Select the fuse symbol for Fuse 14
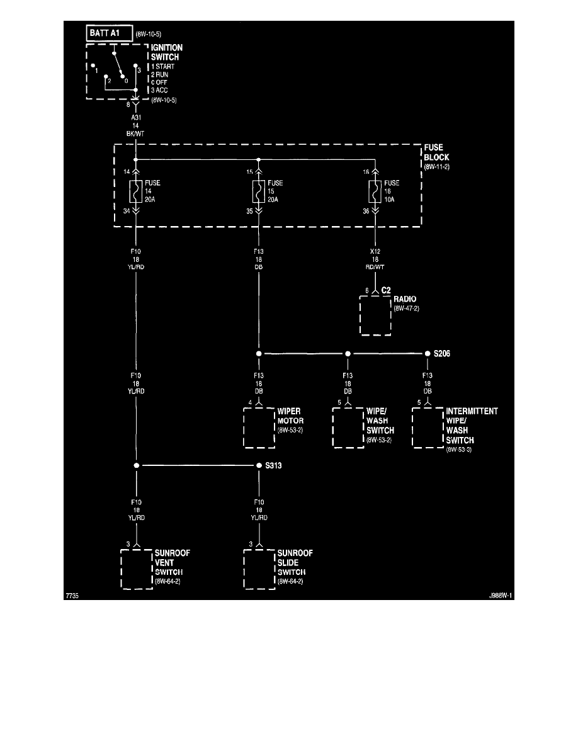(x=135, y=191)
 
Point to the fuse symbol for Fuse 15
(x=258, y=191)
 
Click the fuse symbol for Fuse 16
(x=375, y=191)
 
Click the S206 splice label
(x=441, y=354)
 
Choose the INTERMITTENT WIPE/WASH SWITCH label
(x=472, y=426)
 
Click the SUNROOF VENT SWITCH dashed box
(x=137, y=568)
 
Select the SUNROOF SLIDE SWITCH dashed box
(x=259, y=568)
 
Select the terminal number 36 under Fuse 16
(x=366, y=212)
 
